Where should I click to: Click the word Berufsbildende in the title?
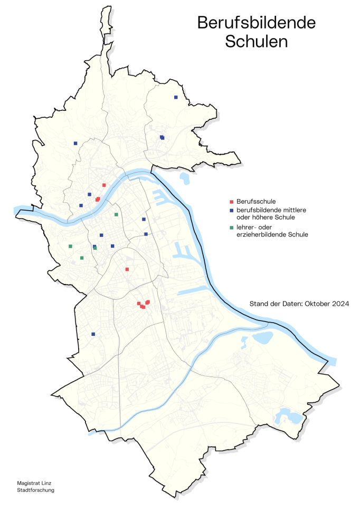(257, 23)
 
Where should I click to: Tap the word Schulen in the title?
(257, 42)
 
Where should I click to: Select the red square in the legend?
(231, 202)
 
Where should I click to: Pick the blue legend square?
(231, 210)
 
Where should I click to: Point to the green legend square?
(231, 227)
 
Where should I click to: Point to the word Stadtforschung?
(35, 490)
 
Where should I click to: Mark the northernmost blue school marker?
(176, 97)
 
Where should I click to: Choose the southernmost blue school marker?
(93, 334)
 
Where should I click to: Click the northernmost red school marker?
(104, 185)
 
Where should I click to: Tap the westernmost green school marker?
(70, 246)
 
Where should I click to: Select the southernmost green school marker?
(81, 258)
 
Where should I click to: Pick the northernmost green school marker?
(116, 214)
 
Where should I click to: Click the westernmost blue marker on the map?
(75, 143)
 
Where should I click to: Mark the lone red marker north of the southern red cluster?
(127, 269)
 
